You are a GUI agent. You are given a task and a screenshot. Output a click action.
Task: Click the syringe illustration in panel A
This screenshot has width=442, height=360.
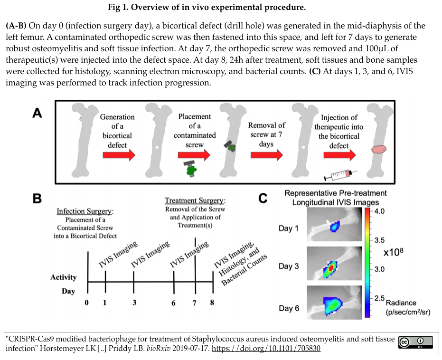coord(340,175)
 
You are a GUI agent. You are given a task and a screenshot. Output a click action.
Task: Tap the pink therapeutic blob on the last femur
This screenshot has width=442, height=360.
coord(378,150)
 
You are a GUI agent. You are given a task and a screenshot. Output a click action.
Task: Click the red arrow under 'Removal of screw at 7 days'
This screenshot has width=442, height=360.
coord(267,155)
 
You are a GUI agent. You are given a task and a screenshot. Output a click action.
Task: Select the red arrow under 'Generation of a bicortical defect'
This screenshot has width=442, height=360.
coord(119,155)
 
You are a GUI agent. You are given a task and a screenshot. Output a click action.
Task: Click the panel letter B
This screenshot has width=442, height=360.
coord(37,198)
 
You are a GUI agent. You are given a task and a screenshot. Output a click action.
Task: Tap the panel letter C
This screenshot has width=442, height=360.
coord(263,199)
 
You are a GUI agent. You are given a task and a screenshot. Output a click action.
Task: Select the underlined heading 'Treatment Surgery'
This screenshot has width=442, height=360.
coord(194,200)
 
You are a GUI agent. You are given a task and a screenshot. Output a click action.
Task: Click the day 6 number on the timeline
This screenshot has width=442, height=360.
coord(173,303)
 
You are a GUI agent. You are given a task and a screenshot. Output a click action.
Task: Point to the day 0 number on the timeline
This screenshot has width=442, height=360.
coord(86,303)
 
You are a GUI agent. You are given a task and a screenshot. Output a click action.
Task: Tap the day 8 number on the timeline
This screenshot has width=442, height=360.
coord(212,303)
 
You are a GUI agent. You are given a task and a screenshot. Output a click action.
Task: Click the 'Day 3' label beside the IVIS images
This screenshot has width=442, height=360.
coord(288,266)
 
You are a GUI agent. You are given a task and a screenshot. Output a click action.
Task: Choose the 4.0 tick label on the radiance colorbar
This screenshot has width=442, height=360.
coord(379,211)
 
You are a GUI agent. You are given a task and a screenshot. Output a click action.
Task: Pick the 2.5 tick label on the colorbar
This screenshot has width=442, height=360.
coord(379,298)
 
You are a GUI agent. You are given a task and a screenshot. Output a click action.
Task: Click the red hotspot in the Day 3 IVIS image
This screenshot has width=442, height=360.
coord(331,266)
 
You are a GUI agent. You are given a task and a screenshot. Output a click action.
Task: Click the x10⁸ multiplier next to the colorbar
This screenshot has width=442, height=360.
coord(393,252)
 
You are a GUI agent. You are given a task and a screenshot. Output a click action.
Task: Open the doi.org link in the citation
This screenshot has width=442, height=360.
coord(266,349)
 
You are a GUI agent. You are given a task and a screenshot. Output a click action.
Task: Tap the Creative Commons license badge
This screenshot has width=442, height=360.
coord(415,342)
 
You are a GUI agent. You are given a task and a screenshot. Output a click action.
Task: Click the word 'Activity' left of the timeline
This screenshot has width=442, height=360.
coord(64,277)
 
